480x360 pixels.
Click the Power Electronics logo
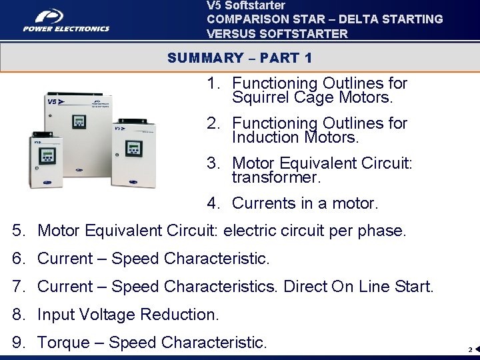click(x=65, y=21)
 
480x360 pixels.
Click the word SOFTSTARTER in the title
click(x=310, y=34)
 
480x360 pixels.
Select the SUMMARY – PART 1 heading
click(x=240, y=58)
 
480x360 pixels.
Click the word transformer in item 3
click(x=276, y=178)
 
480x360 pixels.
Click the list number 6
click(x=18, y=259)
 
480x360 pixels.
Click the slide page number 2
click(x=469, y=349)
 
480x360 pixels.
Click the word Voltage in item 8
click(x=120, y=315)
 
